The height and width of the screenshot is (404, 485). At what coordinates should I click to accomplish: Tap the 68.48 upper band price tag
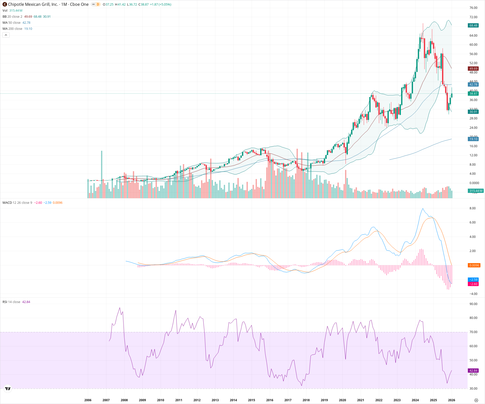473,26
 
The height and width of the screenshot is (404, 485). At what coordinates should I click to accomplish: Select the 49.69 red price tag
473,69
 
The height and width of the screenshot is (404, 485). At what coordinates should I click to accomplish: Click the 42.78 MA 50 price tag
473,85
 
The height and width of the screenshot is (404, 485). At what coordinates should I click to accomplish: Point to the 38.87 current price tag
473,94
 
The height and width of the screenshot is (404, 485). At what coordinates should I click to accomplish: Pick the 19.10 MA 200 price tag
473,139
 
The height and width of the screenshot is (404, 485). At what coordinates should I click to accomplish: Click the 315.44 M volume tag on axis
476,191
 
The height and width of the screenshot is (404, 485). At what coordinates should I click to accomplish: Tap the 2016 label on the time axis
270,400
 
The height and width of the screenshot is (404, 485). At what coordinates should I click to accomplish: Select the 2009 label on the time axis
142,400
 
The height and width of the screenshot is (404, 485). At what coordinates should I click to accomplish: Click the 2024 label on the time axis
415,400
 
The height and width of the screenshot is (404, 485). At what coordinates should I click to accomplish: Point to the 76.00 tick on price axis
473,8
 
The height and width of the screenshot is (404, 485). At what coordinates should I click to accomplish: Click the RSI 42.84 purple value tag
473,371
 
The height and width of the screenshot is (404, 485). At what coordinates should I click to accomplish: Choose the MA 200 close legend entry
12,29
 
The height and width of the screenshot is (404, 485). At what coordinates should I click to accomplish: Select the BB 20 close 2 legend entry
12,17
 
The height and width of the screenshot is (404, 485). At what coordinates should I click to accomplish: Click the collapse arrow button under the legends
6,35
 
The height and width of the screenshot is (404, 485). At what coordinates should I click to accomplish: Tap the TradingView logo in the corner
8,389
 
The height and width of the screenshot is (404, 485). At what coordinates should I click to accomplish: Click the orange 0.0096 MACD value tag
474,265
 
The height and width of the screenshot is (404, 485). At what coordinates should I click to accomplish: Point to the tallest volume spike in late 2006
102,174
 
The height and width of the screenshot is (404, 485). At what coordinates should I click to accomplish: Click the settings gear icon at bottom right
476,400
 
